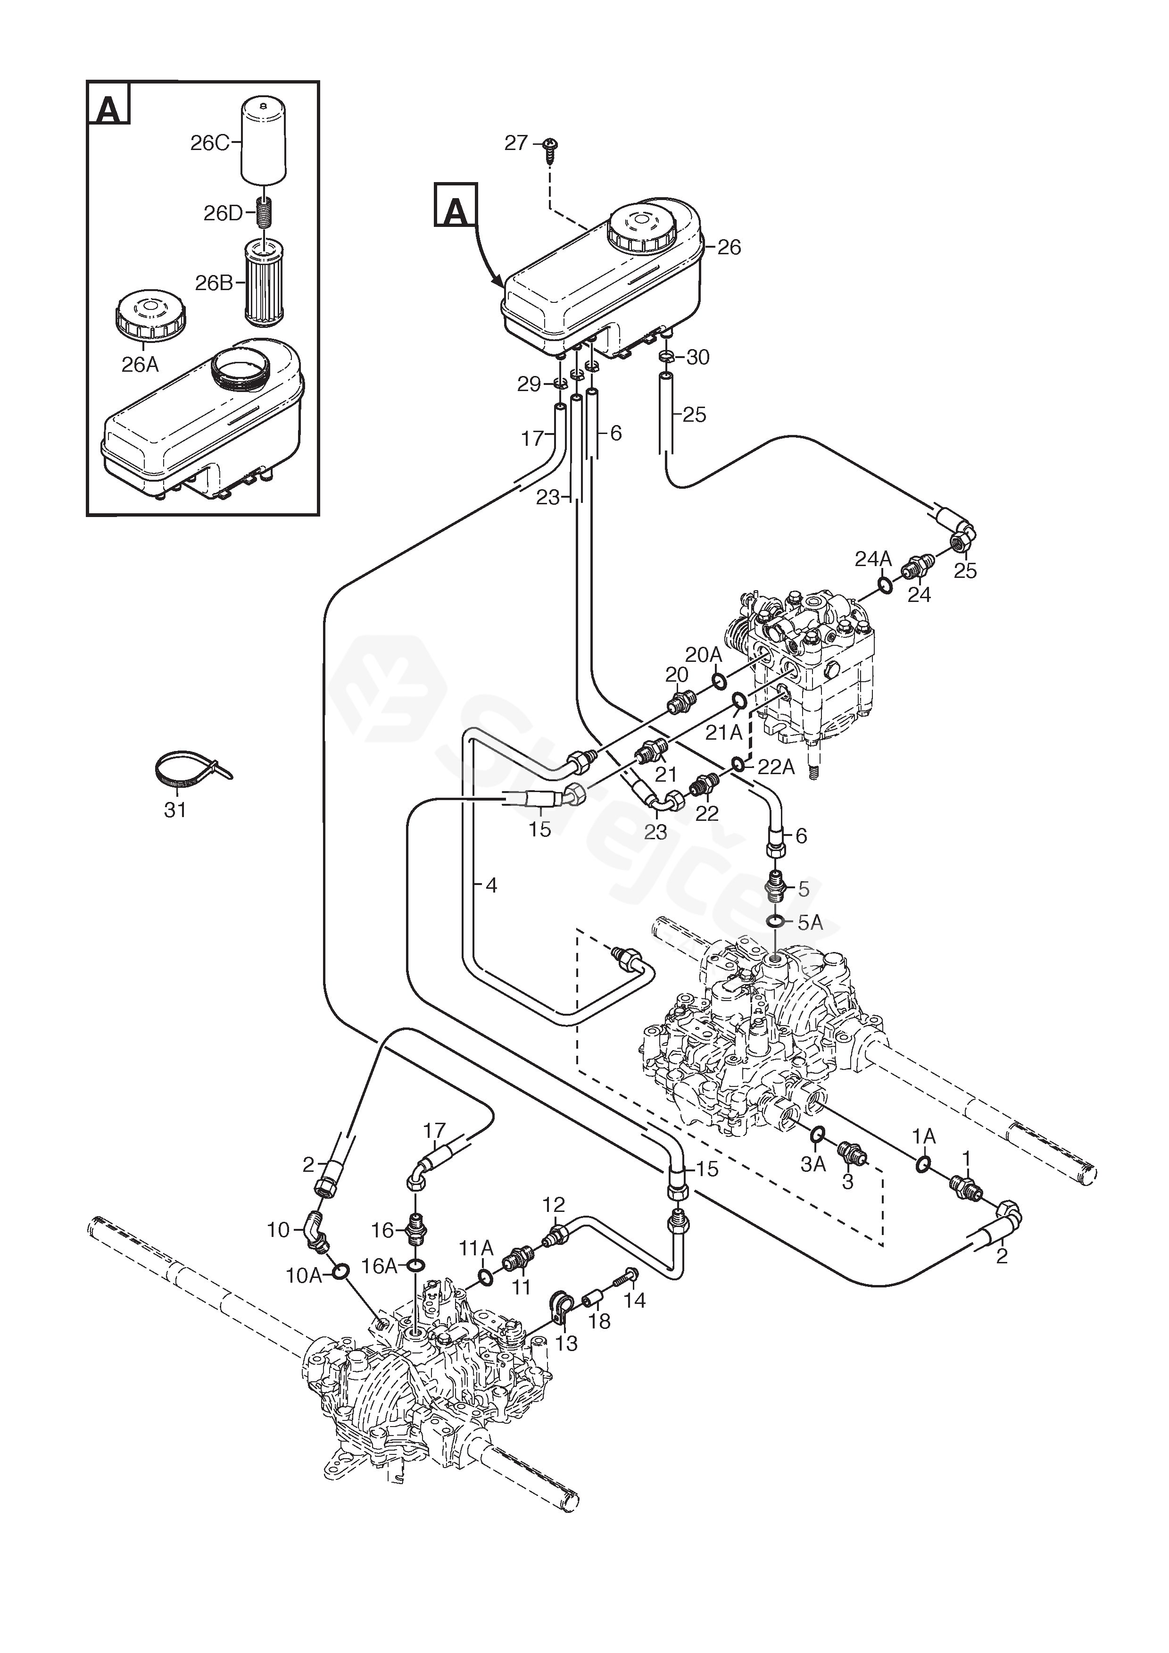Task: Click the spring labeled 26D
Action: pyautogui.click(x=265, y=213)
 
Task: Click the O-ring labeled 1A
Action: pyautogui.click(x=923, y=1164)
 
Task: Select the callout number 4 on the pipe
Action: pyautogui.click(x=492, y=885)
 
